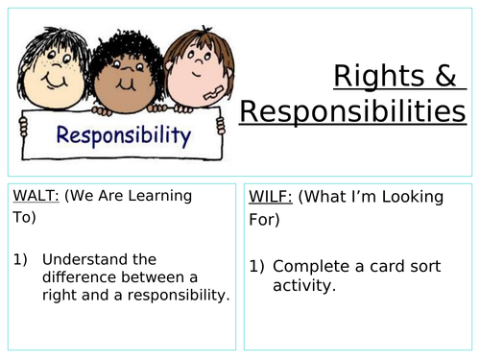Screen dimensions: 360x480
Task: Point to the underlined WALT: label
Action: coord(36,196)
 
